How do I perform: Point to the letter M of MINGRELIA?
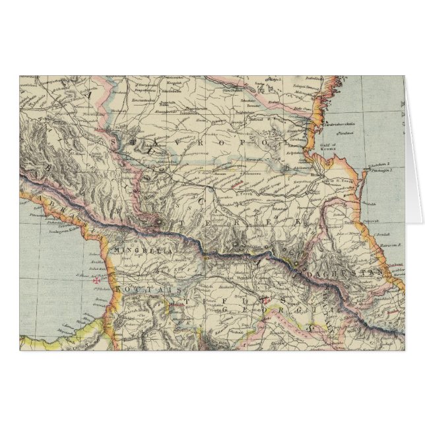[x=118, y=250]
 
